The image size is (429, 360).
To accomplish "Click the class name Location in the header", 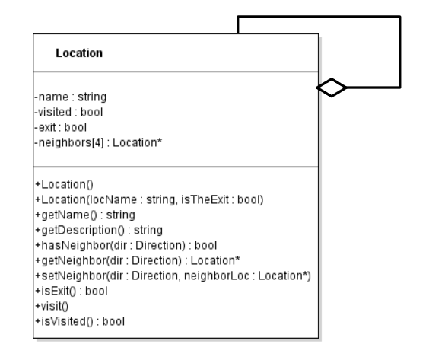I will pyautogui.click(x=80, y=54).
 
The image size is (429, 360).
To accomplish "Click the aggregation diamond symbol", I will pyautogui.click(x=329, y=88).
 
